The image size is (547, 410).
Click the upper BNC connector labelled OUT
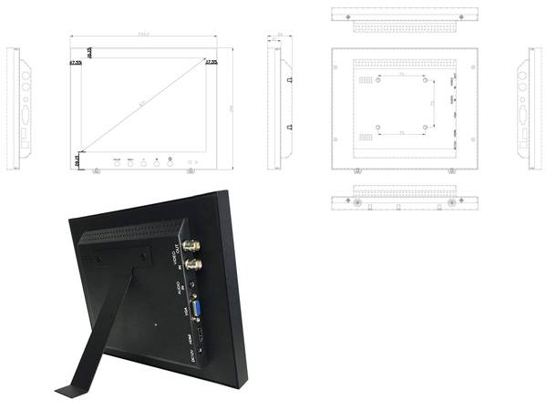[193, 246]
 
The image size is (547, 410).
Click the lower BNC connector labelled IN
[194, 264]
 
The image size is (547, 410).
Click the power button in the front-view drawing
[170, 159]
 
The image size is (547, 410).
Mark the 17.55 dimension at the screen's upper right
[211, 62]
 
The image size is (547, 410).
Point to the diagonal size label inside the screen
[142, 105]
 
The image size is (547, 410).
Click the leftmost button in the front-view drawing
[117, 159]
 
